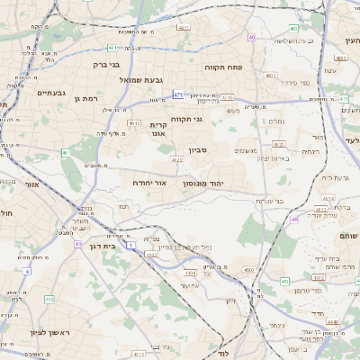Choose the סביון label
coord(198,151)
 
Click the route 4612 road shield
coord(134,123)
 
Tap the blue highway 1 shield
coord(130,244)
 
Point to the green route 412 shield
coord(49,299)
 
